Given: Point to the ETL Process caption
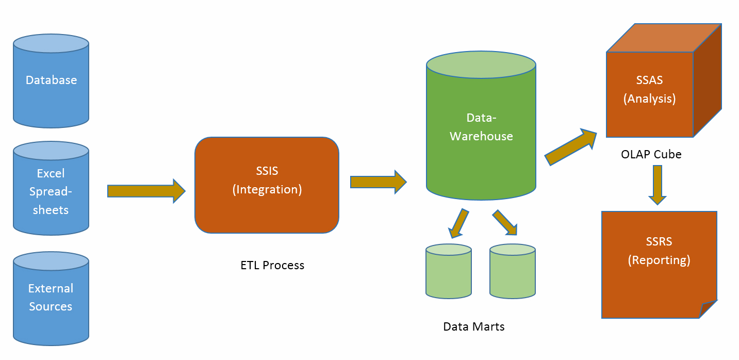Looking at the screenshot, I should pos(272,266).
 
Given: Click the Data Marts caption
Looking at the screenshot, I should pos(474,326).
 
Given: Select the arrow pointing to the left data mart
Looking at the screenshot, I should pos(458,223).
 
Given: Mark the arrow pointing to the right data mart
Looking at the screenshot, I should pos(505,222).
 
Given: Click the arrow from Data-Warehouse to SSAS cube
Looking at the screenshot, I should pos(570,148).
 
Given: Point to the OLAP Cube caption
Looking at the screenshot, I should pos(651,154).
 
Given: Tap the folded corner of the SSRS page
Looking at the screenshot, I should pos(709,309).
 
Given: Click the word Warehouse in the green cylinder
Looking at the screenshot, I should pos(481,137).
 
